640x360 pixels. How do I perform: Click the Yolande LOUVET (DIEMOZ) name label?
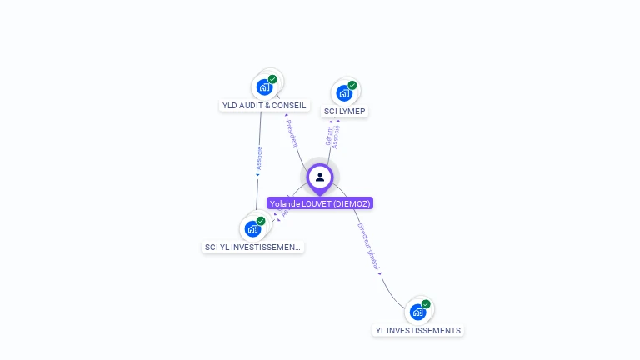pos(320,203)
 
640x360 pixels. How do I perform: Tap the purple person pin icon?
pos(320,177)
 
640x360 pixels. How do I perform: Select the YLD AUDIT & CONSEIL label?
pos(264,106)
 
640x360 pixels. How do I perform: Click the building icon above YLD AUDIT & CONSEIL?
pos(264,87)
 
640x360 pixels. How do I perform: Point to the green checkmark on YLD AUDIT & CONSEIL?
pos(272,79)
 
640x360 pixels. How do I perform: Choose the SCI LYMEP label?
pos(344,112)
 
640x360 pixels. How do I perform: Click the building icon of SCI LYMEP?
pos(343,92)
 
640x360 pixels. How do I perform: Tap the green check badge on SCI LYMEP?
pos(352,85)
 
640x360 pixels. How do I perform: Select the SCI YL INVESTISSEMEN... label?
pos(252,247)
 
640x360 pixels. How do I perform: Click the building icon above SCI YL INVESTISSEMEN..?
pos(252,228)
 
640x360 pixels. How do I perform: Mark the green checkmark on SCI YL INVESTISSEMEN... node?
pos(261,221)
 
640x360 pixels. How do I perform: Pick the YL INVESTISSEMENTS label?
pos(417,331)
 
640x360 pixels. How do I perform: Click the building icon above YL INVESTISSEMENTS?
pos(417,312)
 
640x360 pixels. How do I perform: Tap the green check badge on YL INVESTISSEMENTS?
pos(426,304)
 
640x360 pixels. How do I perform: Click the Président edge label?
pos(292,133)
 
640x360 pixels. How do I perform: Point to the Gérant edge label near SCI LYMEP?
pos(329,136)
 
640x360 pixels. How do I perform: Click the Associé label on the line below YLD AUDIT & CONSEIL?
pos(259,157)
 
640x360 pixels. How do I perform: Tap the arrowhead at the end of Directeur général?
pos(380,272)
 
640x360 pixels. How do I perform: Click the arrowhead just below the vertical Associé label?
pos(257,175)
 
